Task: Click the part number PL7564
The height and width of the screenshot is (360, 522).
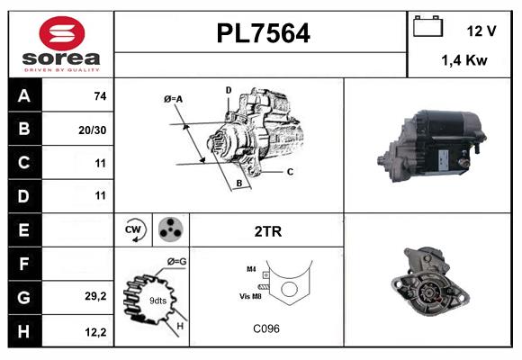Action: (x=263, y=33)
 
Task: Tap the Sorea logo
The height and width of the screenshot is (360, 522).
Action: (x=60, y=43)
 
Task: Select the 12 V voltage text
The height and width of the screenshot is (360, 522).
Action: (x=481, y=31)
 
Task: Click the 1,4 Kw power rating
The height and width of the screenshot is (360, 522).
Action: (x=465, y=60)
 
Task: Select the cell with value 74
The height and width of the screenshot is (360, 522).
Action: (x=100, y=96)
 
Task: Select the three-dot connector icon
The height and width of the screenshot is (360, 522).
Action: (x=169, y=230)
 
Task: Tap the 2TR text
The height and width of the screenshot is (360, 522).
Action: (x=267, y=231)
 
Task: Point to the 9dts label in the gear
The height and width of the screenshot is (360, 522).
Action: (x=158, y=300)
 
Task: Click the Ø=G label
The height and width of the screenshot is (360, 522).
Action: (x=177, y=262)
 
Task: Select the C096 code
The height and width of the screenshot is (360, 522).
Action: (x=266, y=328)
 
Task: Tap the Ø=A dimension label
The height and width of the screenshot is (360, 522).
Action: (x=173, y=99)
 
